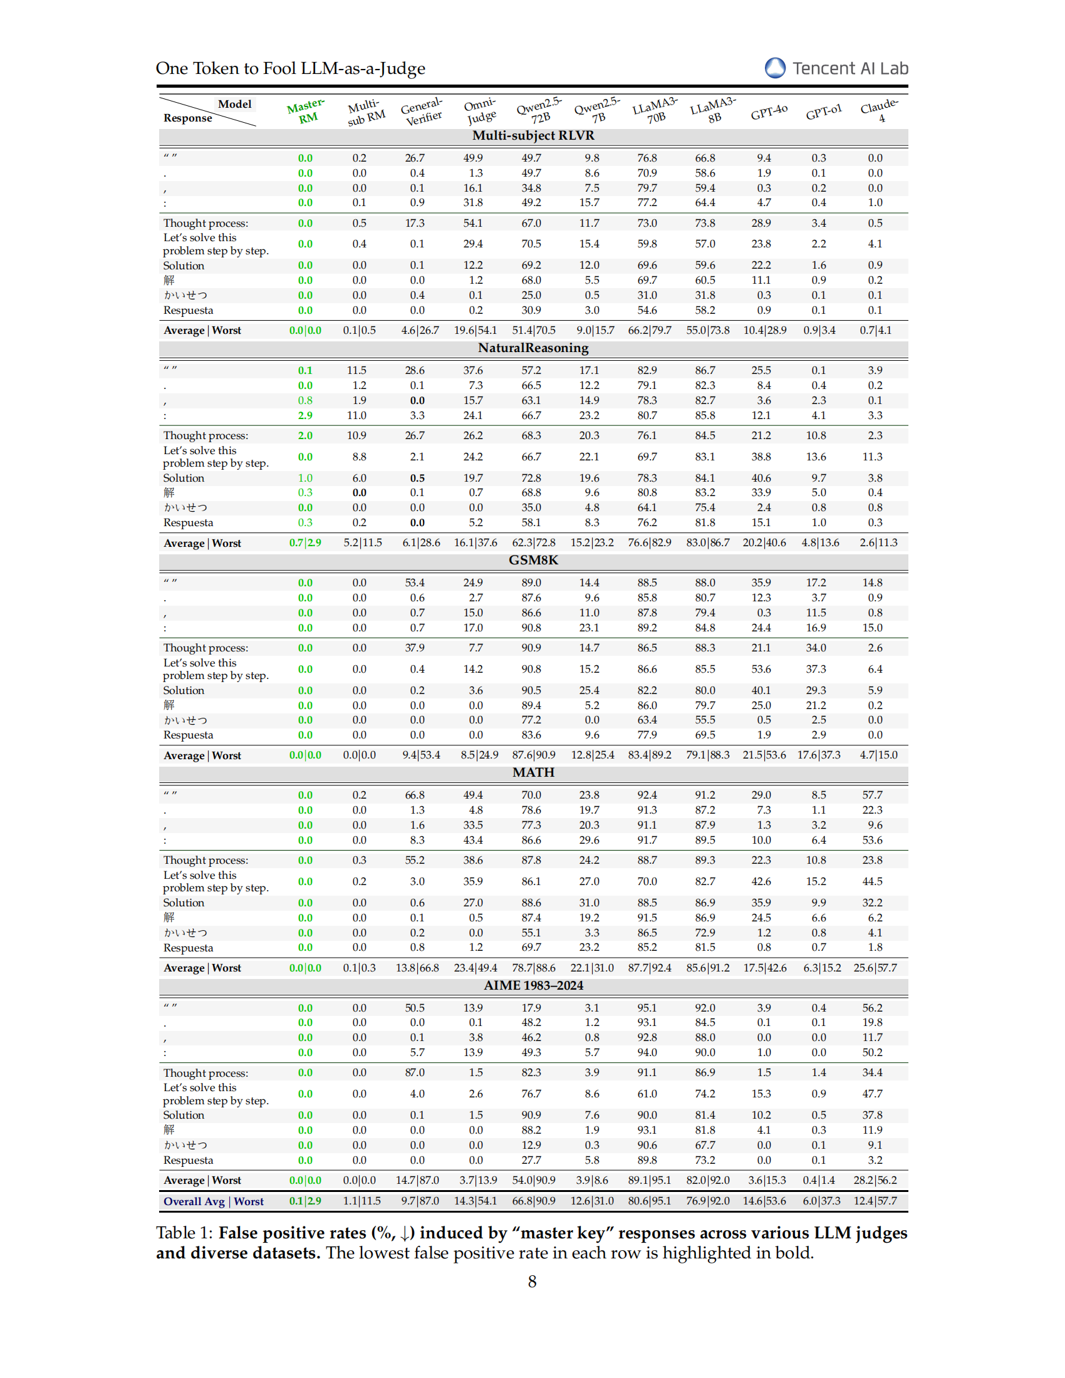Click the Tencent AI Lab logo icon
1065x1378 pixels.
point(775,68)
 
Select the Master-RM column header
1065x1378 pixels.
point(306,111)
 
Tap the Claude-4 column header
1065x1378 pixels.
point(880,110)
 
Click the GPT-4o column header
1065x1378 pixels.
point(769,113)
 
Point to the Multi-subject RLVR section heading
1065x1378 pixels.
point(533,136)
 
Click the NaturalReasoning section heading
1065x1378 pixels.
point(533,348)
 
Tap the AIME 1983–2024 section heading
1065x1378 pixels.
point(533,985)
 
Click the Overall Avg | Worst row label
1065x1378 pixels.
point(213,1201)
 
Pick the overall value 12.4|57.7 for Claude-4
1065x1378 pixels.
point(875,1201)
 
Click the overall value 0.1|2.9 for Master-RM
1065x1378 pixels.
point(305,1201)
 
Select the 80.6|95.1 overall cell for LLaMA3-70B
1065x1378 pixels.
point(649,1201)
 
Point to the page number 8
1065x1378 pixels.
point(532,1282)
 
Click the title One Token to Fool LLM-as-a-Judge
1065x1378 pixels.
point(290,68)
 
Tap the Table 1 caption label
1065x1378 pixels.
point(184,1233)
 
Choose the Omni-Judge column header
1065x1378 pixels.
point(481,111)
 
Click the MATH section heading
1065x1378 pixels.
point(533,773)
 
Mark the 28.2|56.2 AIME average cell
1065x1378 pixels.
point(875,1180)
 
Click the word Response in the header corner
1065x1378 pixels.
point(187,118)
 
